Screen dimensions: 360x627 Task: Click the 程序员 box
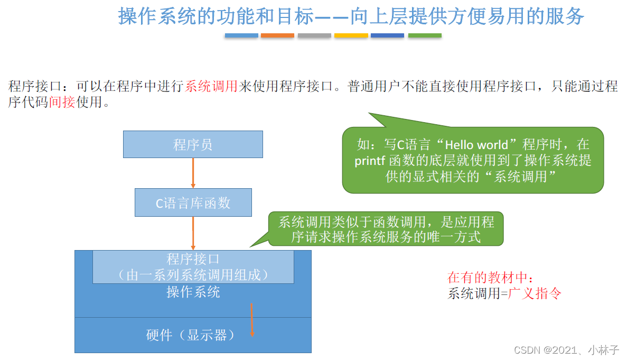(x=193, y=144)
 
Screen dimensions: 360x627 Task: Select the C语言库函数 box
(x=193, y=202)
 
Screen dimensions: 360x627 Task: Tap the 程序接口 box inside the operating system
(x=193, y=266)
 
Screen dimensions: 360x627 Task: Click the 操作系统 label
(x=193, y=292)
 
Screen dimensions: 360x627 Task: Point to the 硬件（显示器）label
(x=190, y=335)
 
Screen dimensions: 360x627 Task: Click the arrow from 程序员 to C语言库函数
(x=193, y=173)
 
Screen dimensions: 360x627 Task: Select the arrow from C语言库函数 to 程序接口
(x=193, y=233)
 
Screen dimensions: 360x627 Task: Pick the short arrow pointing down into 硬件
(x=252, y=320)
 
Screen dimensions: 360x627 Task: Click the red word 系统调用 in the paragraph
(x=211, y=86)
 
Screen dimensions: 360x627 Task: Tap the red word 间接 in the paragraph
(x=62, y=102)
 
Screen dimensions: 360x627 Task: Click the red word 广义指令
(x=535, y=293)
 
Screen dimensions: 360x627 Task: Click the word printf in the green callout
(x=370, y=161)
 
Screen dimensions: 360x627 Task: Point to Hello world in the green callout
(x=476, y=144)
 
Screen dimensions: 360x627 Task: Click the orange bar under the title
(x=277, y=35)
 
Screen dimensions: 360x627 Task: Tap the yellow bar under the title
(x=351, y=35)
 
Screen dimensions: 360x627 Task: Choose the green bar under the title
(x=425, y=35)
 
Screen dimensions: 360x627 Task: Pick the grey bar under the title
(x=314, y=35)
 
